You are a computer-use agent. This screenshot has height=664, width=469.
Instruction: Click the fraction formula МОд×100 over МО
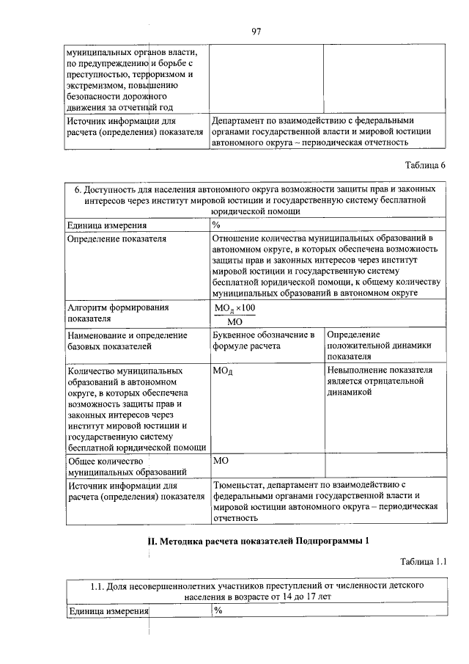(235, 314)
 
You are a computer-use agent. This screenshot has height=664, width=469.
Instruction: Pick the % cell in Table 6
(217, 225)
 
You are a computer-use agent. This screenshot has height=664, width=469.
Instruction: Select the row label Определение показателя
(117, 239)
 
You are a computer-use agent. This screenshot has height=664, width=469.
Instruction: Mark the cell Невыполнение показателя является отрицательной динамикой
(380, 381)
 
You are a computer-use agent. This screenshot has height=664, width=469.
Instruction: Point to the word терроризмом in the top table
(166, 75)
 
